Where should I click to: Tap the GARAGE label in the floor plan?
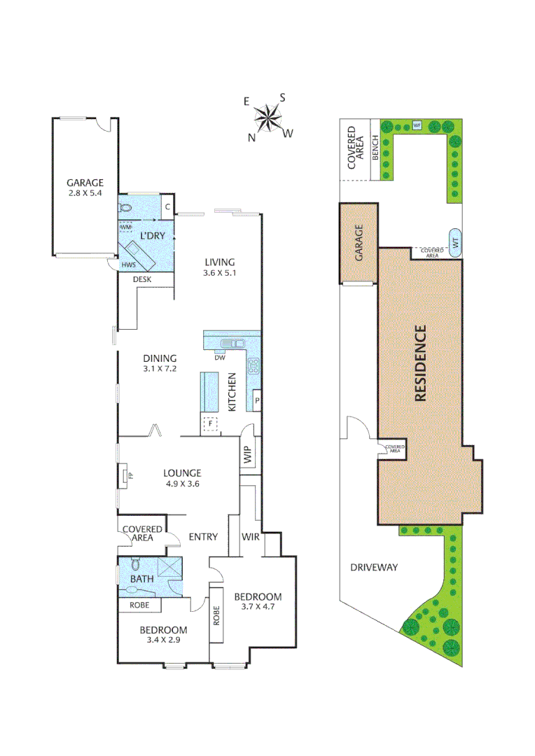point(85,183)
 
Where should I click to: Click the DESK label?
point(143,279)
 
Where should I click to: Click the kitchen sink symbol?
point(231,343)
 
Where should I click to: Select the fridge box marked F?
point(209,423)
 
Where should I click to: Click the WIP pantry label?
point(247,455)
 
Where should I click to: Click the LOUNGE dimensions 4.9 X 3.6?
point(183,483)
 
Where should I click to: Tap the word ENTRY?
point(203,537)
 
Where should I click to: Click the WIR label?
point(251,537)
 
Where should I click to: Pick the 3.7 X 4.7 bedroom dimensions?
point(258,607)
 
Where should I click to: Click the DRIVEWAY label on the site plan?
point(374,567)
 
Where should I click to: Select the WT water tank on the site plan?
point(454,242)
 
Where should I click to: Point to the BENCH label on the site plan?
point(375,148)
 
